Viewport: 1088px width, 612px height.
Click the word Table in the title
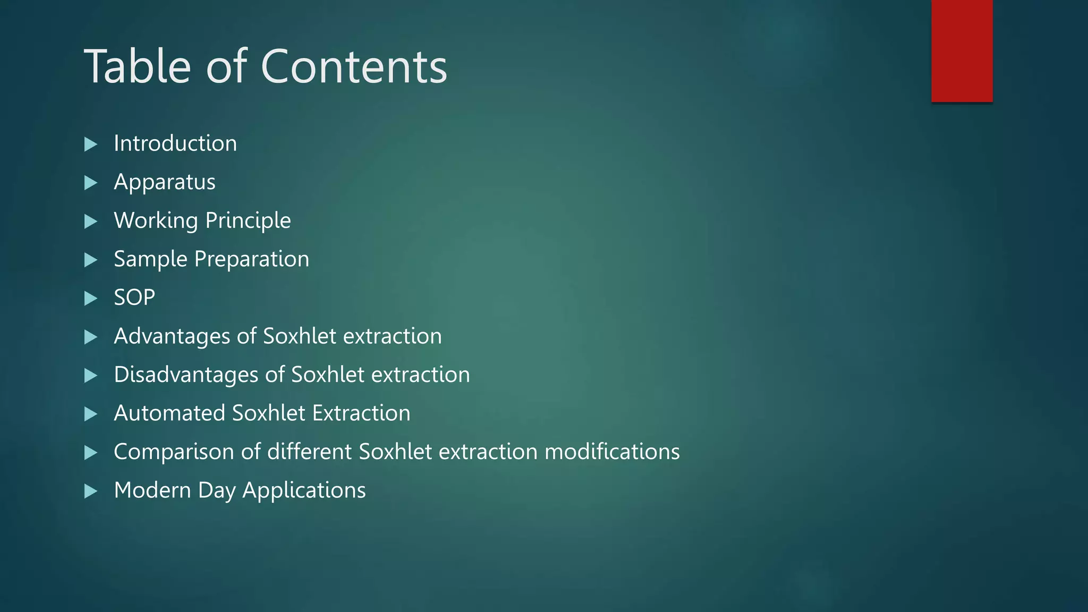click(137, 66)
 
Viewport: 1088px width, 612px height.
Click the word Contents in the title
click(354, 66)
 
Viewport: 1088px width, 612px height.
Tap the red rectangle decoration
click(962, 50)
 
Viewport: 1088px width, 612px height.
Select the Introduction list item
click(175, 143)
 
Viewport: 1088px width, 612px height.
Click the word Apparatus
click(165, 182)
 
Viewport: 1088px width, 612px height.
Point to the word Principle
click(248, 220)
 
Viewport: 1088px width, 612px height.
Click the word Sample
click(150, 259)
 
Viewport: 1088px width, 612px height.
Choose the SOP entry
click(134, 297)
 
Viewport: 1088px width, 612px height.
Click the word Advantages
click(172, 336)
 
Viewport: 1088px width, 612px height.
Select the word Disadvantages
click(186, 375)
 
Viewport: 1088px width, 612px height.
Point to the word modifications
click(612, 452)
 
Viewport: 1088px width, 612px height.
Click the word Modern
click(152, 490)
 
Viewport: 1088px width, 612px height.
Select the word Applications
click(304, 490)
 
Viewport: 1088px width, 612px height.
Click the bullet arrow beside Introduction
click(91, 144)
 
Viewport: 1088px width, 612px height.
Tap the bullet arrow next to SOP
click(91, 298)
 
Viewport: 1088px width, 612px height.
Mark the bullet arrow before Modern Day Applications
click(91, 491)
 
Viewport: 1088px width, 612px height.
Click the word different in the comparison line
click(309, 452)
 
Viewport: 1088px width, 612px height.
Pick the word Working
click(156, 220)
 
